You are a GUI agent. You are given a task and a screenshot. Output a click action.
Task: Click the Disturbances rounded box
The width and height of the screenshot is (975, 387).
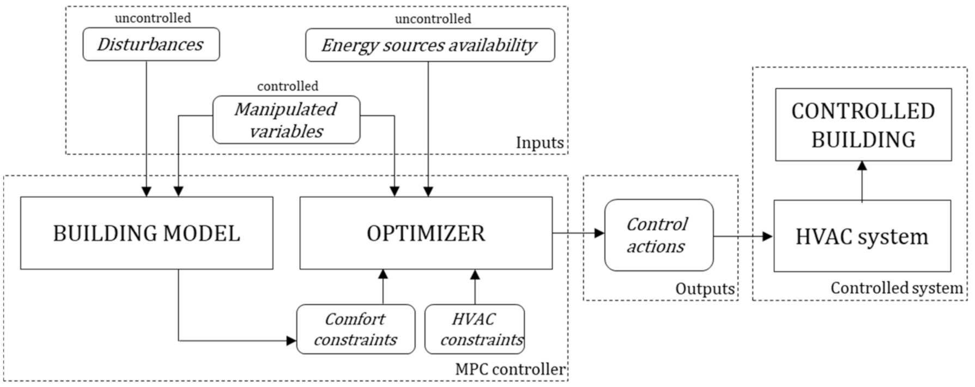tap(151, 44)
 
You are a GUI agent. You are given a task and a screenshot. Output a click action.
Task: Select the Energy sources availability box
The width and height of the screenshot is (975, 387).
tap(429, 45)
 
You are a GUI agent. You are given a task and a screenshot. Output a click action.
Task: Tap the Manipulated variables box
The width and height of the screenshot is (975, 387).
tap(286, 120)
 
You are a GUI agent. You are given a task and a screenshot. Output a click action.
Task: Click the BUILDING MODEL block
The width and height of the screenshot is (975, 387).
tap(147, 233)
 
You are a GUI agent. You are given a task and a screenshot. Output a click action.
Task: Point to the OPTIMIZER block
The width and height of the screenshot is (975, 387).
tap(426, 233)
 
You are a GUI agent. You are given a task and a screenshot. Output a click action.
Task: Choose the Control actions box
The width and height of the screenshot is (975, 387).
tap(658, 235)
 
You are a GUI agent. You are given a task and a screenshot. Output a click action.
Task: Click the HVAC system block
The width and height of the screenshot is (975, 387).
tap(862, 236)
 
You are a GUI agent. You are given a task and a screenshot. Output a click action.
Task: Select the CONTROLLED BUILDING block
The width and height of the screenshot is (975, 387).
tap(863, 125)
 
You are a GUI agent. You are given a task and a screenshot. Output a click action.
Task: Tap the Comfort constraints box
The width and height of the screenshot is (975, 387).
tap(356, 329)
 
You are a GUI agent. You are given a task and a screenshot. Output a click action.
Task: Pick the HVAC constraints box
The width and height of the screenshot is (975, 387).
tap(475, 329)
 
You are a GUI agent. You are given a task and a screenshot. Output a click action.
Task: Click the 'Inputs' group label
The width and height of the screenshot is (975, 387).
tap(540, 143)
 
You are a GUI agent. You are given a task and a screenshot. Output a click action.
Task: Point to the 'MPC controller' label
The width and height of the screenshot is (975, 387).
tap(510, 370)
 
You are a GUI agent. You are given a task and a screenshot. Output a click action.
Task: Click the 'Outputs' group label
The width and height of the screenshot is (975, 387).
tap(705, 289)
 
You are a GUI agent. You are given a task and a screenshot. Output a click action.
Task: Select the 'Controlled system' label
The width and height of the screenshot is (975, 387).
tap(896, 288)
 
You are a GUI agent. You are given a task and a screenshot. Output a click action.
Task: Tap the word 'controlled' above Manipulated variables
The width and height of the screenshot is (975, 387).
tap(288, 86)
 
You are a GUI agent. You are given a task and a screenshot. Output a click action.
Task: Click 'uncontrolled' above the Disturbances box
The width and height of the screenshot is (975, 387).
tap(153, 18)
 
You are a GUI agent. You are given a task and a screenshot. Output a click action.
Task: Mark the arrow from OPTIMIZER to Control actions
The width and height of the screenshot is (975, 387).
tap(578, 233)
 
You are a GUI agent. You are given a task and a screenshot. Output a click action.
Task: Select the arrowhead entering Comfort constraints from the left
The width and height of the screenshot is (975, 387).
tap(292, 341)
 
